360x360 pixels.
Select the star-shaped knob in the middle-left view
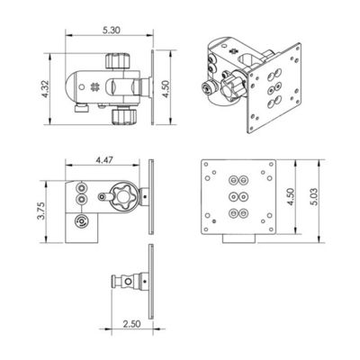click(121, 197)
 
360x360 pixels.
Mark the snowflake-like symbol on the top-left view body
click(95, 87)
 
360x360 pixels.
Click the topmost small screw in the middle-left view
click(83, 186)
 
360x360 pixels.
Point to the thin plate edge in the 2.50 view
click(155, 283)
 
